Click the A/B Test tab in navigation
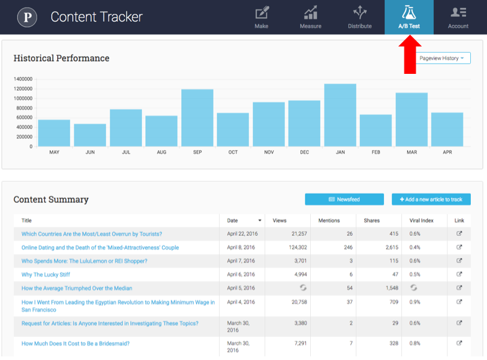(x=409, y=17)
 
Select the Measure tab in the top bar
(x=310, y=17)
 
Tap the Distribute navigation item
(x=359, y=17)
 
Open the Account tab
(x=458, y=17)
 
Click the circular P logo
(x=27, y=17)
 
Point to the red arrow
(x=409, y=55)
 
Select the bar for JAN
(x=340, y=115)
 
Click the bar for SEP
(x=197, y=118)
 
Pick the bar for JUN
(x=90, y=135)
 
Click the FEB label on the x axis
(x=375, y=152)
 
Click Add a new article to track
(x=431, y=199)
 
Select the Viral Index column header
(x=422, y=220)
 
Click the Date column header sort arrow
(x=259, y=220)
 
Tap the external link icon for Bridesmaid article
(x=459, y=343)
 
